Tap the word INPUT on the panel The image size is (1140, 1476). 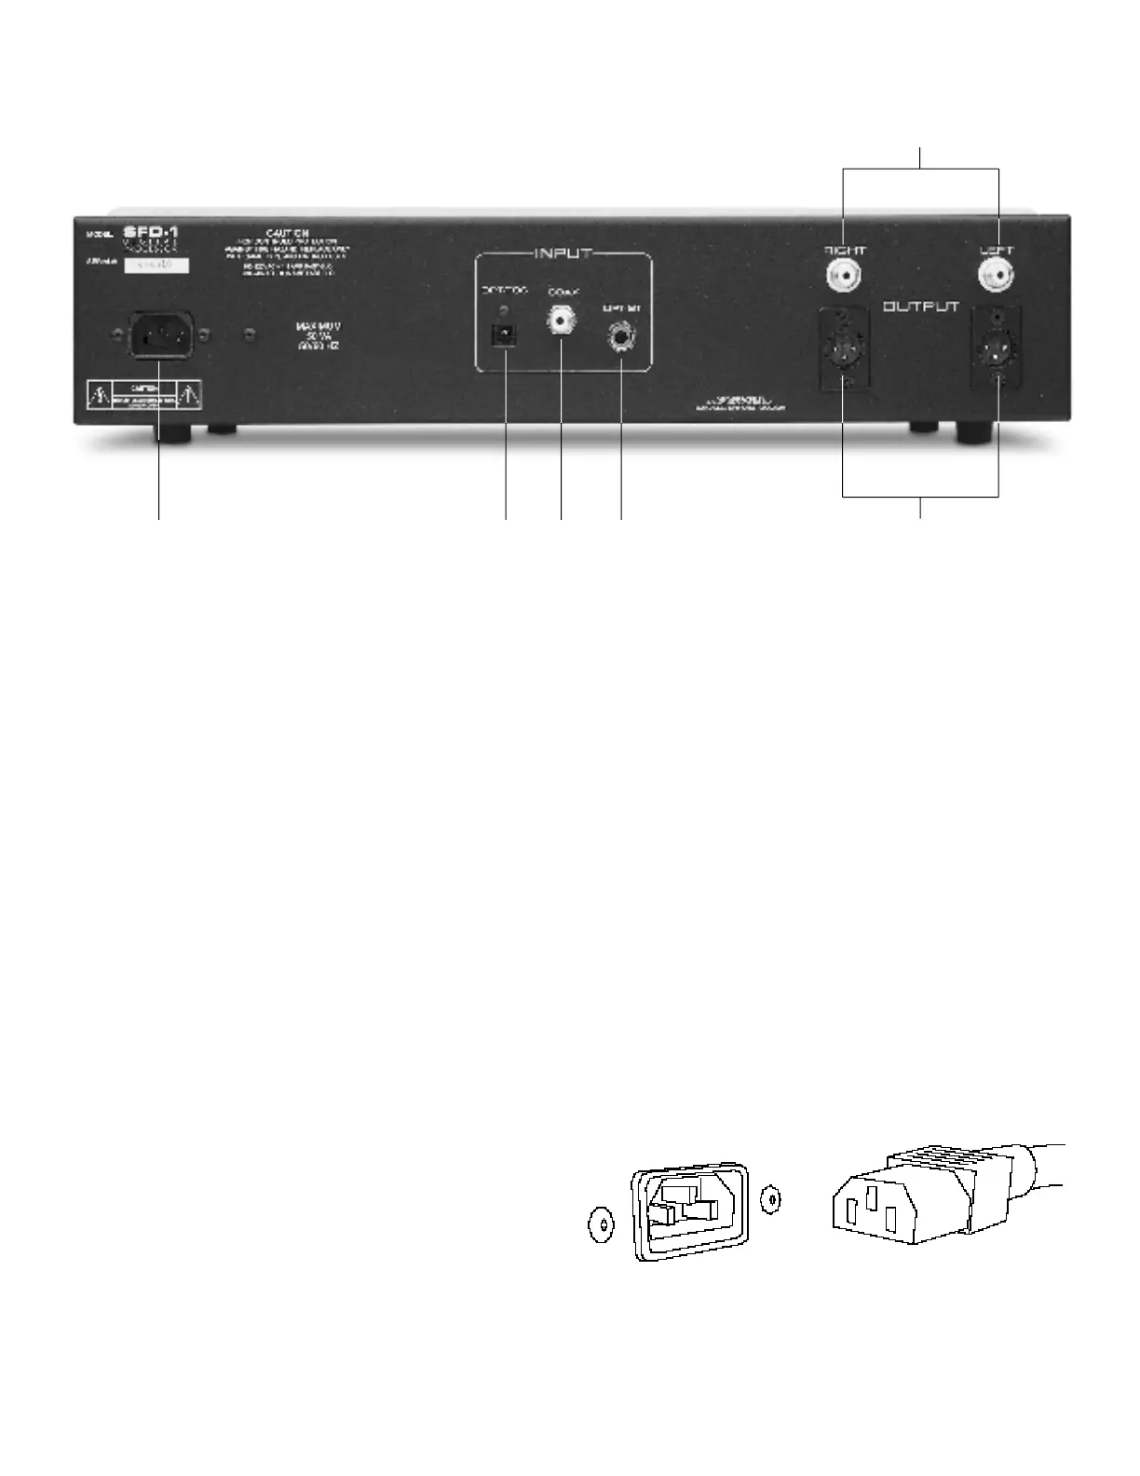563,253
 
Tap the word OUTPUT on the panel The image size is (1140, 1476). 921,307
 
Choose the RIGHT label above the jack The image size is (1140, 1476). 846,251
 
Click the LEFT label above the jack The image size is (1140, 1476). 996,251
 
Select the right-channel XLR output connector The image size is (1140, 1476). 844,350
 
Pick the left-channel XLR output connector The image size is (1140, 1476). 996,350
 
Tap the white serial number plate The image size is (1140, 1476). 156,266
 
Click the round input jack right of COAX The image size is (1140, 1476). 620,335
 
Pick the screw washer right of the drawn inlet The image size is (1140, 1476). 770,1200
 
